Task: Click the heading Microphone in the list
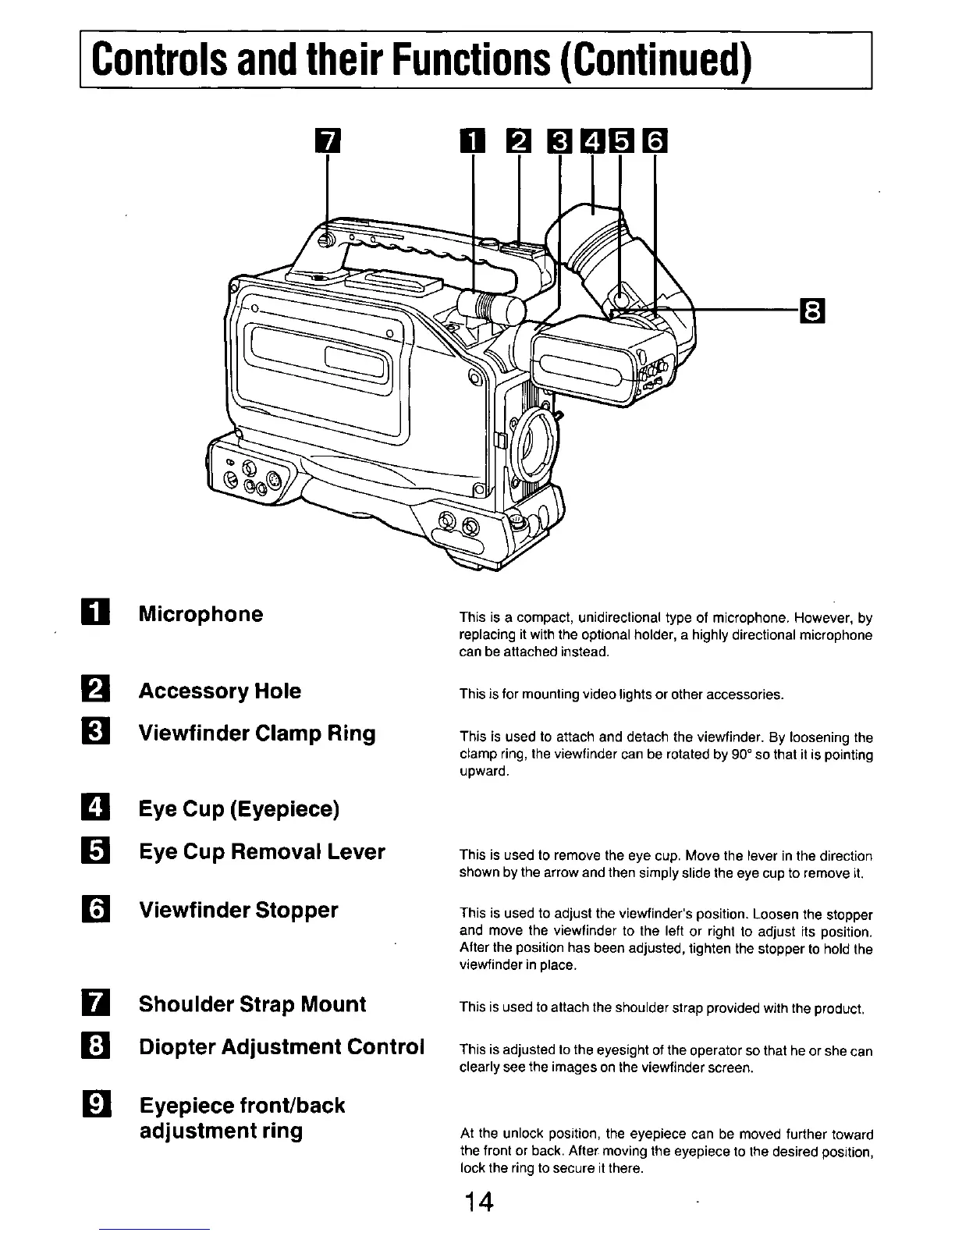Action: pos(201,614)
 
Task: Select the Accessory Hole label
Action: pos(219,691)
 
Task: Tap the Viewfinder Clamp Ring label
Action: pos(257,733)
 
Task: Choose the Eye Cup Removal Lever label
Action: pos(261,851)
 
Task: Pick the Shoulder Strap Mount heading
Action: pos(252,1003)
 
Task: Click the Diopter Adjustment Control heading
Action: pos(282,1046)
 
